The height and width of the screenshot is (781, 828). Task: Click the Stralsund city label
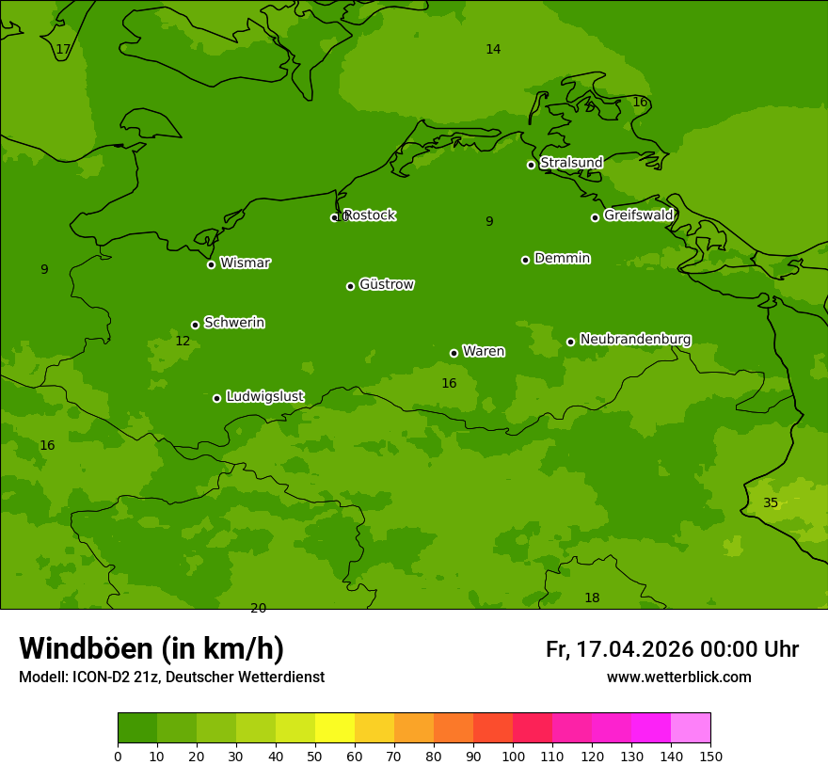click(x=571, y=163)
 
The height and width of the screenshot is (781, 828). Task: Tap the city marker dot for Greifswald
click(x=595, y=217)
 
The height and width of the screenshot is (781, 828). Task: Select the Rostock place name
click(x=369, y=215)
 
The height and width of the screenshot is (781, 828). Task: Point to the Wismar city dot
click(x=211, y=264)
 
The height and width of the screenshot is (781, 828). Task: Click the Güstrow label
click(x=387, y=284)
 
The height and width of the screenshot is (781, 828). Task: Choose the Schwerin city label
click(x=234, y=323)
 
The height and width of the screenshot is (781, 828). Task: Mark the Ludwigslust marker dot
click(x=216, y=398)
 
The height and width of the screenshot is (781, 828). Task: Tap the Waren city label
click(x=484, y=351)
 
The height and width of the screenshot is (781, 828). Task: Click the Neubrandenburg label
click(x=635, y=339)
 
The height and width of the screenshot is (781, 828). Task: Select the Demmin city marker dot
click(x=525, y=260)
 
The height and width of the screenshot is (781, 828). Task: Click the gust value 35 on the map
click(x=771, y=503)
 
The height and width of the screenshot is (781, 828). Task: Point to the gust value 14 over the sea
click(x=493, y=50)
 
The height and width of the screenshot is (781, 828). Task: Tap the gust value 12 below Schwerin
click(x=183, y=342)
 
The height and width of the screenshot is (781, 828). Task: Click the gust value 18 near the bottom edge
click(x=592, y=598)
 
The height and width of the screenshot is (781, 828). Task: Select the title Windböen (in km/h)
click(x=151, y=648)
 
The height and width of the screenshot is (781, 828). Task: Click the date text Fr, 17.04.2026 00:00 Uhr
click(x=672, y=649)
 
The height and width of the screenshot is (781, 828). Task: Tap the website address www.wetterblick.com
click(x=678, y=677)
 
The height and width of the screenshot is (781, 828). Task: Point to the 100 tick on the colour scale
click(x=513, y=756)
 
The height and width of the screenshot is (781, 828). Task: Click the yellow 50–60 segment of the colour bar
click(x=335, y=728)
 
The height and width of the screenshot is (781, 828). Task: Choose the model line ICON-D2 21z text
click(x=171, y=677)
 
